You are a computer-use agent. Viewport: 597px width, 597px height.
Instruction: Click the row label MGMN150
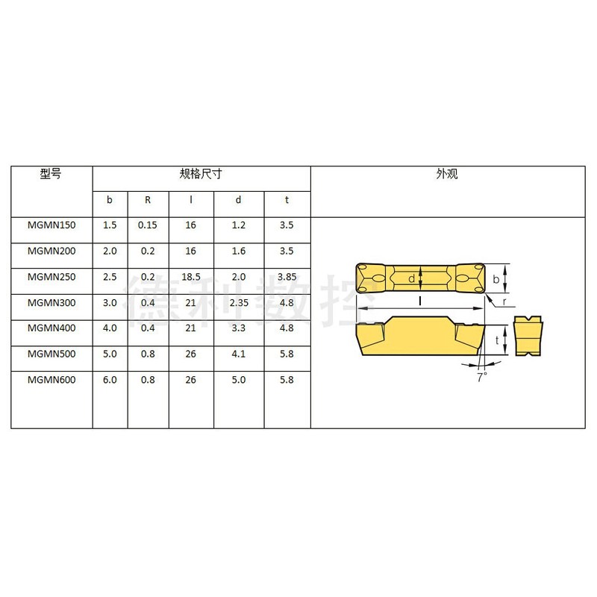[x=51, y=225]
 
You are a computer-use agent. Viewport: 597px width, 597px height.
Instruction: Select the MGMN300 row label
[x=51, y=303]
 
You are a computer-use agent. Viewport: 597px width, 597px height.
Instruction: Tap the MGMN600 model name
[x=51, y=380]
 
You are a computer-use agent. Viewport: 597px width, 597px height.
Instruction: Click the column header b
[x=110, y=199]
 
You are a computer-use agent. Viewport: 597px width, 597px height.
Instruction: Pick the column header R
[x=148, y=199]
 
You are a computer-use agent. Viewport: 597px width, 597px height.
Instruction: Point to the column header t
[x=287, y=199]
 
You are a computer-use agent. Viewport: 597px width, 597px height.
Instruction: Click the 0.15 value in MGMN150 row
[x=147, y=225]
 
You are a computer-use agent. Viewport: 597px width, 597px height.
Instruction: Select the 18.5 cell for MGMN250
[x=191, y=277]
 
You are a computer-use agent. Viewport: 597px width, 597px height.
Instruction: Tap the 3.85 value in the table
[x=287, y=277]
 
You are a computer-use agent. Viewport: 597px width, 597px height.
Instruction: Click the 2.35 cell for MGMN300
[x=239, y=303]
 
